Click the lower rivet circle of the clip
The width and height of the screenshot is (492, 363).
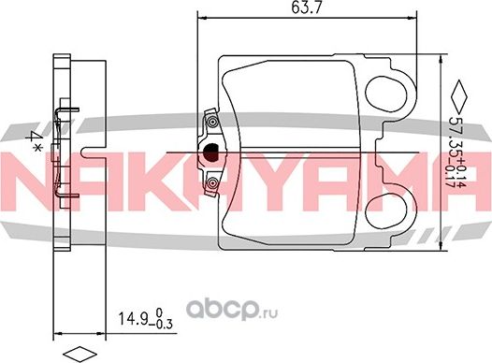(x=212, y=183)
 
